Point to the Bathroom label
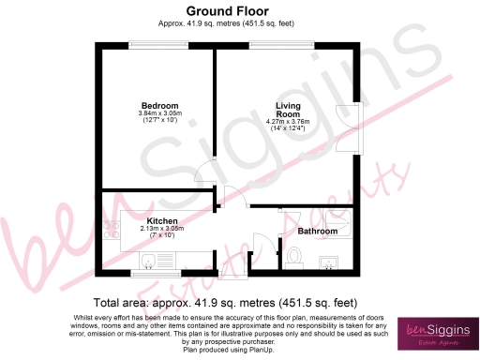pos(317,230)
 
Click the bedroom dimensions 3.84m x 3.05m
pos(159,114)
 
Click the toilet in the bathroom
pos(293,255)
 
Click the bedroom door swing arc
pos(205,175)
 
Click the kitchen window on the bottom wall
pos(154,275)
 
